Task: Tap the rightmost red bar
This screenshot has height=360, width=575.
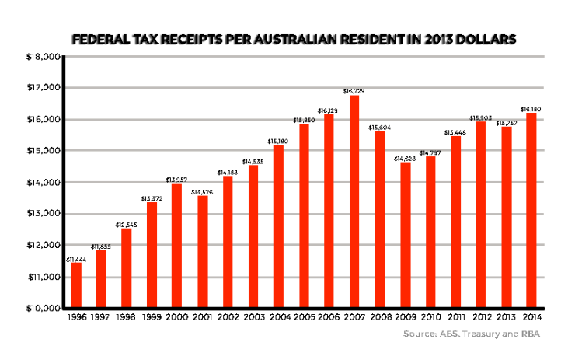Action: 531,209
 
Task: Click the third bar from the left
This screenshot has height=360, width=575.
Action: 127,267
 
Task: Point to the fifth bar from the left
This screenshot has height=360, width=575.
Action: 176,245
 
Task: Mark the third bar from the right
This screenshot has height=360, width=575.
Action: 481,214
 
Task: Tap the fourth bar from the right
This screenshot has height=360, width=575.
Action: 456,221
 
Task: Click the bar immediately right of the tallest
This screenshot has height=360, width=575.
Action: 380,218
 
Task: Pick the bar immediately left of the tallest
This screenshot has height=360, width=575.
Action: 329,210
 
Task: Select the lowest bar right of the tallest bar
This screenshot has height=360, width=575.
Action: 406,234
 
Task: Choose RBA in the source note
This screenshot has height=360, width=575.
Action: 531,334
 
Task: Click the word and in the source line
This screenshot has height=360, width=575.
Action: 511,334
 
